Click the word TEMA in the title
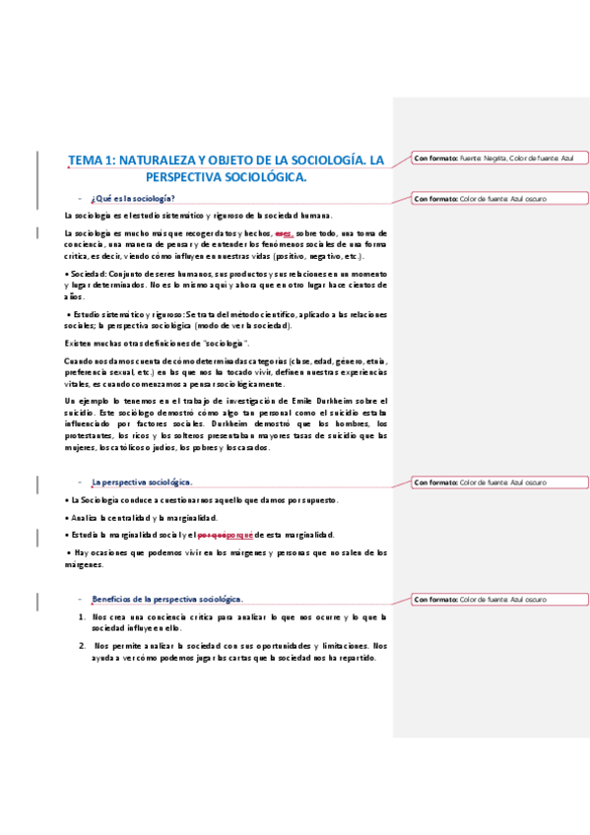click(85, 159)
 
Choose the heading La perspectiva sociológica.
click(141, 482)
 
